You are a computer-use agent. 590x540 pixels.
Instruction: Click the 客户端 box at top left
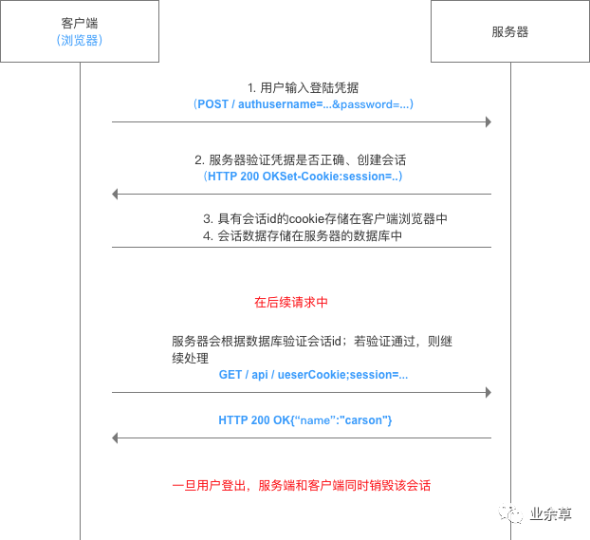pyautogui.click(x=80, y=32)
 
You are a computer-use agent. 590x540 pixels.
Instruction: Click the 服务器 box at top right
pyautogui.click(x=509, y=32)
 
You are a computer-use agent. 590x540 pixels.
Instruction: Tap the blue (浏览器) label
pyautogui.click(x=80, y=41)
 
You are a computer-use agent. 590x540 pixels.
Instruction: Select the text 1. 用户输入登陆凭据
pyautogui.click(x=303, y=87)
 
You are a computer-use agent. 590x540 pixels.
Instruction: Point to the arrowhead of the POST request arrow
pyautogui.click(x=488, y=121)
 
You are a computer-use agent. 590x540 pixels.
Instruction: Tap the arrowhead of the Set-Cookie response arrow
pyautogui.click(x=116, y=194)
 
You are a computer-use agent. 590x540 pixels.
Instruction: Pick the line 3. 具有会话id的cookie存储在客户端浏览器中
pyautogui.click(x=325, y=218)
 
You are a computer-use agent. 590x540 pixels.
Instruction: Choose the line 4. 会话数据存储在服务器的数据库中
pyautogui.click(x=303, y=235)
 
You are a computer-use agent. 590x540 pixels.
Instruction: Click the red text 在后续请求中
pyautogui.click(x=291, y=302)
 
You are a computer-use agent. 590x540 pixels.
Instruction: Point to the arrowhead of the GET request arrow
pyautogui.click(x=488, y=392)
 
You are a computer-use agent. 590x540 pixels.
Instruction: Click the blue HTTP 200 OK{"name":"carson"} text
pyautogui.click(x=304, y=419)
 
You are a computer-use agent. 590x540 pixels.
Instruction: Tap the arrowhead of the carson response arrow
pyautogui.click(x=116, y=438)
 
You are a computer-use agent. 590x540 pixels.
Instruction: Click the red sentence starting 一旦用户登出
pyautogui.click(x=301, y=485)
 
